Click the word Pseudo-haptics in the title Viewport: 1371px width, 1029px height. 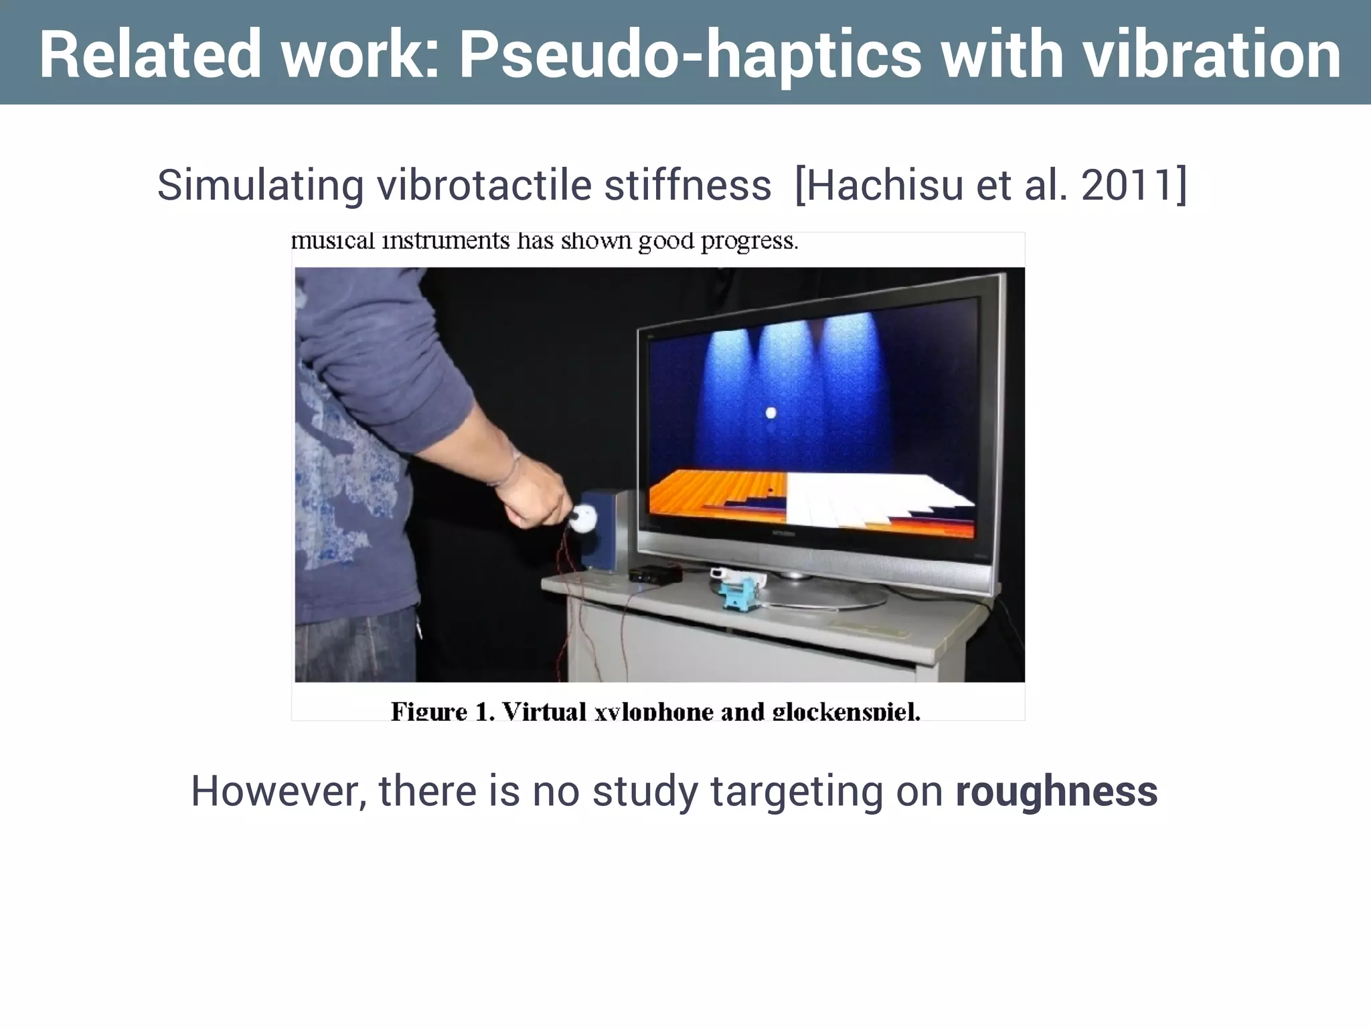pyautogui.click(x=690, y=55)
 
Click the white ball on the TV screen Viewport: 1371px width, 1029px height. pyautogui.click(x=771, y=413)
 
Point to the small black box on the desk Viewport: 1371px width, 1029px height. pyautogui.click(x=655, y=574)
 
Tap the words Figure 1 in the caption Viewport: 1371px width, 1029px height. pyautogui.click(x=442, y=711)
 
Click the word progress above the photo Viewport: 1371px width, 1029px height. pyautogui.click(x=749, y=241)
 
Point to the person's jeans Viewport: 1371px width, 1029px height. pyautogui.click(x=355, y=646)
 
